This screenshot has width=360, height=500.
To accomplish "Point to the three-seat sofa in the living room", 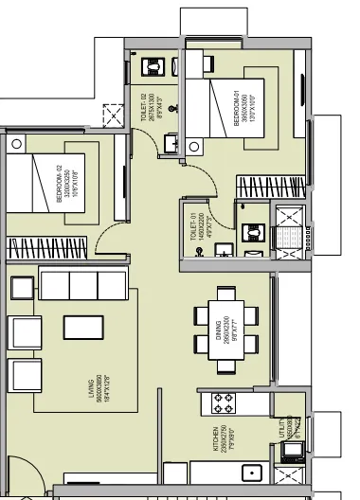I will click(x=83, y=282).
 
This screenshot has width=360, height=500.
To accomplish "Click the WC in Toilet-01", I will click(x=254, y=233).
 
